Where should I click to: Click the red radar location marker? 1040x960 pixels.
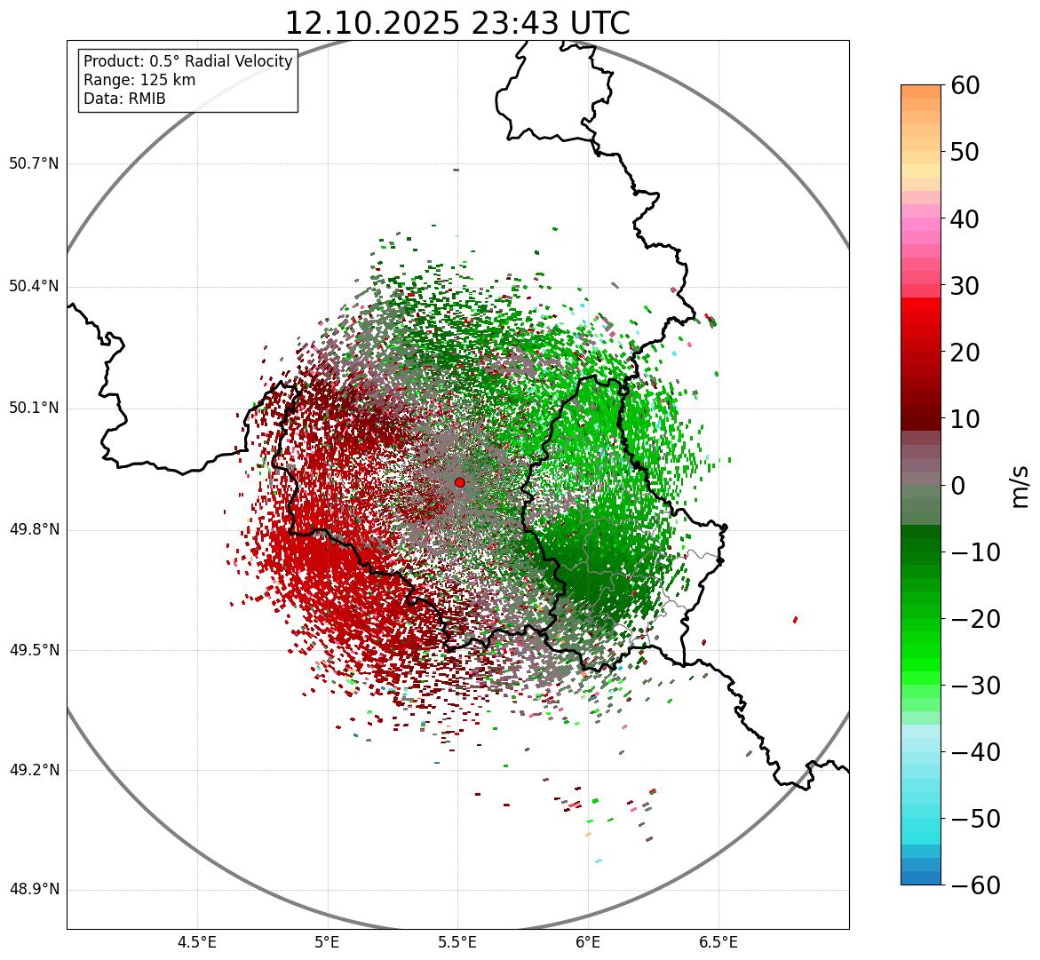pyautogui.click(x=459, y=482)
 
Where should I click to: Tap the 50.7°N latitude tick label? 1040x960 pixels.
pyautogui.click(x=34, y=163)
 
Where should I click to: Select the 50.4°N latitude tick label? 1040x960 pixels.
pyautogui.click(x=34, y=286)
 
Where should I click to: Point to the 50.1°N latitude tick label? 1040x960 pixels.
pyautogui.click(x=34, y=409)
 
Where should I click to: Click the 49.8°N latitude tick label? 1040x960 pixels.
pyautogui.click(x=34, y=530)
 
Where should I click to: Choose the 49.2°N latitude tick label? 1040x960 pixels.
pyautogui.click(x=34, y=770)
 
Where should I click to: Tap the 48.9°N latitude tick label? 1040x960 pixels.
pyautogui.click(x=34, y=890)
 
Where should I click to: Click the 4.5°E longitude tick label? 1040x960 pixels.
pyautogui.click(x=197, y=942)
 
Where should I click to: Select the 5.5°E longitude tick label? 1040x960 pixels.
pyautogui.click(x=457, y=942)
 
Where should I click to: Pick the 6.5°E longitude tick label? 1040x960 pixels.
pyautogui.click(x=718, y=942)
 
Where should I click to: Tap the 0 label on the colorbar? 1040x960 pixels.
pyautogui.click(x=957, y=486)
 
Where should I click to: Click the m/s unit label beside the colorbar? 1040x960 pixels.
pyautogui.click(x=1021, y=486)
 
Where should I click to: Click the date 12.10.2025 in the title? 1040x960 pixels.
pyautogui.click(x=371, y=23)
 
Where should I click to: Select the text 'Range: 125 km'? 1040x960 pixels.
pyautogui.click(x=139, y=80)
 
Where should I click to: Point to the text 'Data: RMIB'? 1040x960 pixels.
pyautogui.click(x=124, y=99)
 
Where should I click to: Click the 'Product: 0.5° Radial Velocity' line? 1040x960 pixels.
pyautogui.click(x=187, y=61)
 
